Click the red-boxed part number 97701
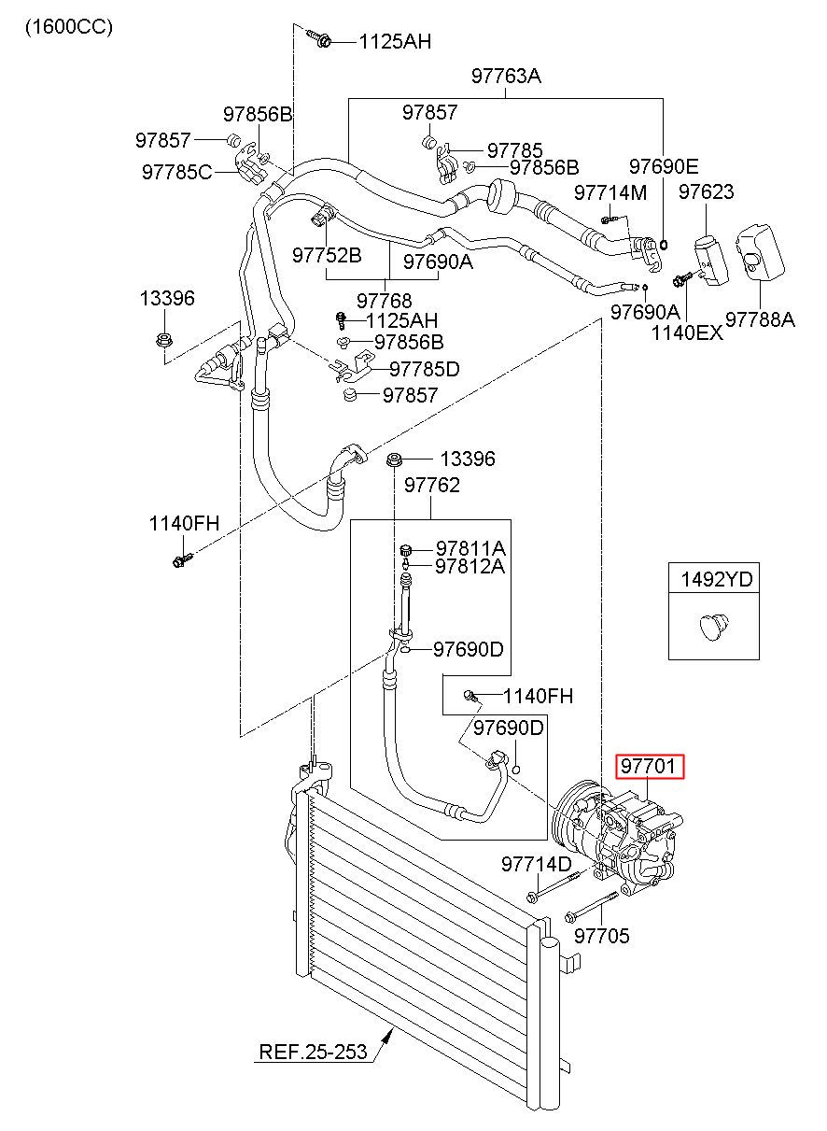click(648, 766)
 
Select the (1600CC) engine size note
click(69, 27)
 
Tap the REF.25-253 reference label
click(313, 1052)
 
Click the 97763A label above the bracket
click(506, 76)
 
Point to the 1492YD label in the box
click(717, 579)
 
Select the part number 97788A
click(760, 319)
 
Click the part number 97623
click(706, 191)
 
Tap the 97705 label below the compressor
click(602, 936)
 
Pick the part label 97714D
click(537, 864)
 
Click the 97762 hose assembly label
click(432, 485)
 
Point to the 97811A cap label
click(470, 548)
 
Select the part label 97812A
click(470, 566)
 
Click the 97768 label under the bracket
click(385, 301)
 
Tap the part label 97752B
click(327, 255)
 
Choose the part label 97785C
click(177, 172)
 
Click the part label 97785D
click(425, 369)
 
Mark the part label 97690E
click(664, 165)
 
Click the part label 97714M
click(610, 192)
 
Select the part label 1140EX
click(687, 332)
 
